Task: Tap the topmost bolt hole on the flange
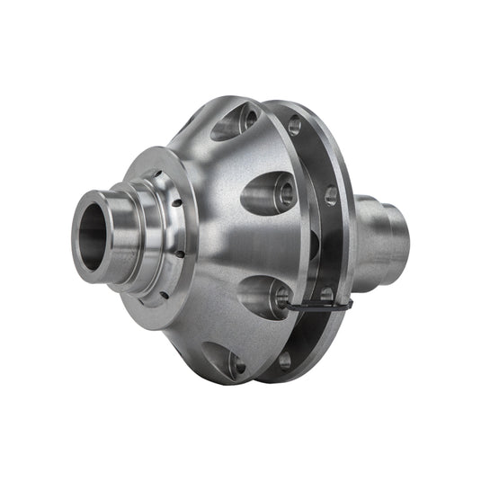point(294,126)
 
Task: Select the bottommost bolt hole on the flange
point(285,361)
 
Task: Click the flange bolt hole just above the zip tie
point(326,294)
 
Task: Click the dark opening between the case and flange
point(314,243)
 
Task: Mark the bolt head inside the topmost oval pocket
point(244,119)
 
